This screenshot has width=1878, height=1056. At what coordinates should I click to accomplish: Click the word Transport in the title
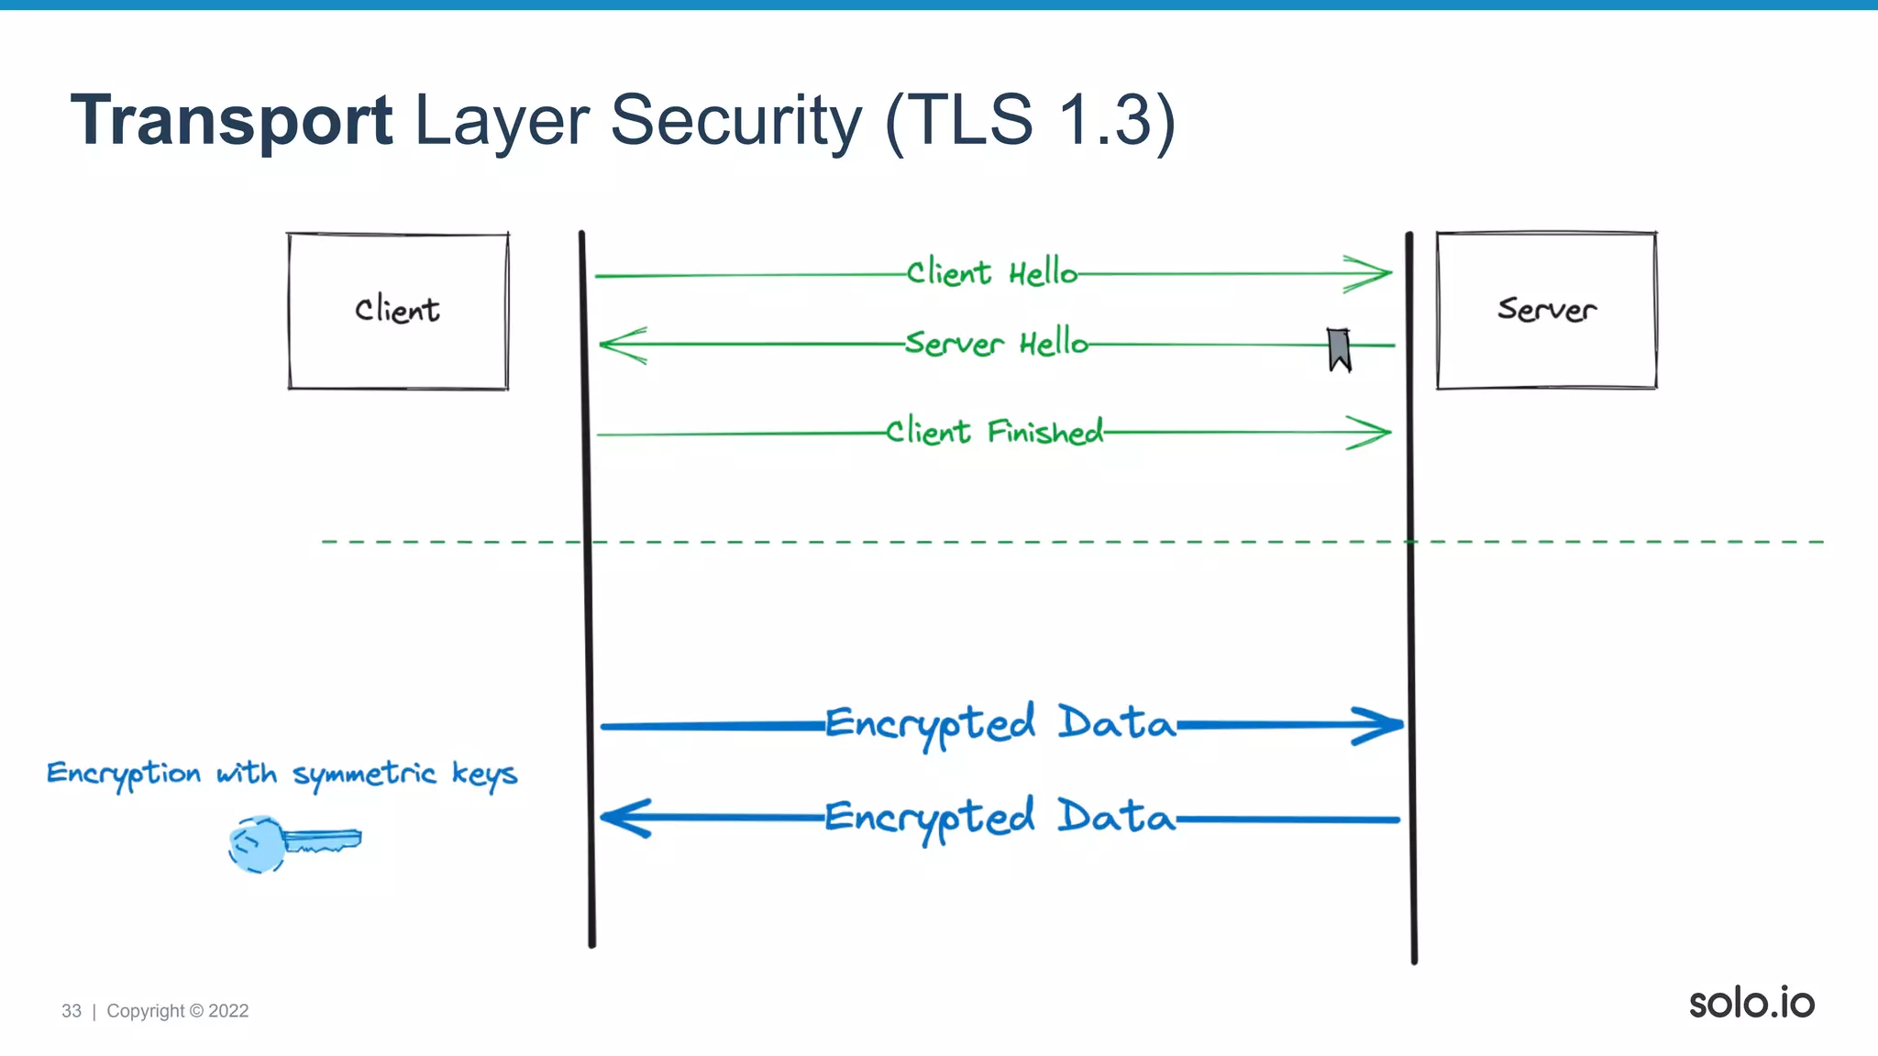pyautogui.click(x=231, y=121)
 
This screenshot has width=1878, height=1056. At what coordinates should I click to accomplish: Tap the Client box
pyautogui.click(x=398, y=311)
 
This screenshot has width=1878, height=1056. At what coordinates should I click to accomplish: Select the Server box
pyautogui.click(x=1546, y=310)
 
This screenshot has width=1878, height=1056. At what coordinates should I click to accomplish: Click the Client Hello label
pyautogui.click(x=991, y=273)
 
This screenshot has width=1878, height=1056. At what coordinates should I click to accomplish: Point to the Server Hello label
pyautogui.click(x=996, y=344)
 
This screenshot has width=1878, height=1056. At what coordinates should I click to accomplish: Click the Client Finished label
pyautogui.click(x=994, y=432)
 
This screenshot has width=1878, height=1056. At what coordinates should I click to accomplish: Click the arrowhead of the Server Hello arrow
pyautogui.click(x=620, y=346)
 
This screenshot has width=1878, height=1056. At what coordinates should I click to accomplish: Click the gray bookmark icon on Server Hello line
pyautogui.click(x=1339, y=349)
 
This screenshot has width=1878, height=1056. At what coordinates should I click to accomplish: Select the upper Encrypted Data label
pyautogui.click(x=1000, y=724)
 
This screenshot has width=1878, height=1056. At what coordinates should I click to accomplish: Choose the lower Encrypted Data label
pyautogui.click(x=1000, y=818)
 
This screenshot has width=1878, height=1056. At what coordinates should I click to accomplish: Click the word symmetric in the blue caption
pyautogui.click(x=364, y=775)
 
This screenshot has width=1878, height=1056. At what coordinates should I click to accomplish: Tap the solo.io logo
pyautogui.click(x=1751, y=1003)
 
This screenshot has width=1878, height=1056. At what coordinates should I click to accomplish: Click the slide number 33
pyautogui.click(x=72, y=1011)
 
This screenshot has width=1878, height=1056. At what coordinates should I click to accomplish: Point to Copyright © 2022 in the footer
pyautogui.click(x=178, y=1011)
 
